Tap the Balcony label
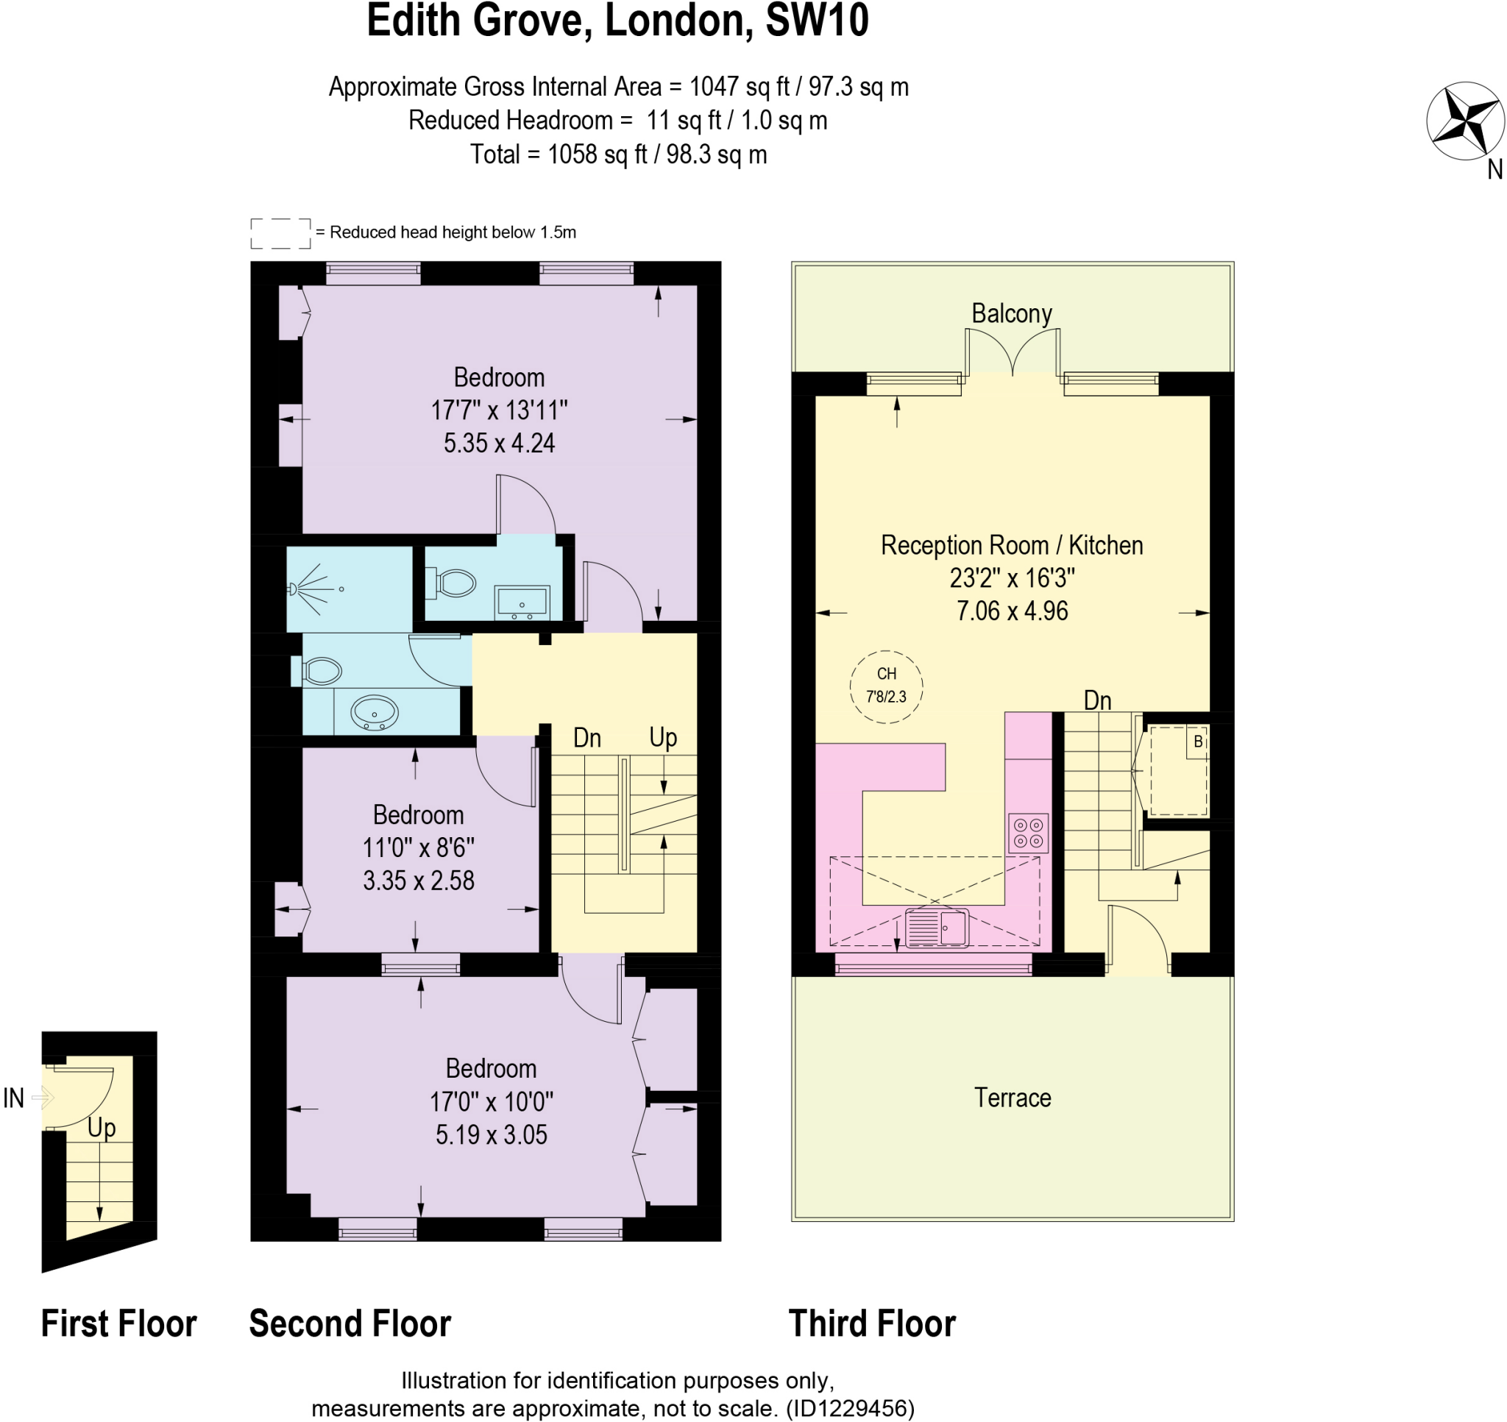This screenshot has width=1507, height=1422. point(1011,313)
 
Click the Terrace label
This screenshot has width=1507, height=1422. point(1012,1097)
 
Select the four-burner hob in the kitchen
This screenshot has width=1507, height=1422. point(1028,832)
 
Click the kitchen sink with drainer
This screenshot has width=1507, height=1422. point(937,928)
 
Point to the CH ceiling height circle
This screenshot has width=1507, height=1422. point(885,686)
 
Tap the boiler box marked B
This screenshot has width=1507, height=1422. point(1197,742)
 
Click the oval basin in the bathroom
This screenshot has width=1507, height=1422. point(374,714)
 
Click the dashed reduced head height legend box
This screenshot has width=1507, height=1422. point(280,233)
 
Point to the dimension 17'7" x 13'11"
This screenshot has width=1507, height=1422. point(499,410)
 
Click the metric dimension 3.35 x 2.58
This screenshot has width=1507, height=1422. point(419,880)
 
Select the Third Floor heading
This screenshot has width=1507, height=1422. point(872,1323)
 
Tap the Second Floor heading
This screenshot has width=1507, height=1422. point(350,1323)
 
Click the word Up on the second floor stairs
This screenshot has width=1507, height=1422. point(662,737)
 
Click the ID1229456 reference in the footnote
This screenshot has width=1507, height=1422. point(850,1407)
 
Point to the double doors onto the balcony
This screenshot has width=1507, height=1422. point(1012,352)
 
